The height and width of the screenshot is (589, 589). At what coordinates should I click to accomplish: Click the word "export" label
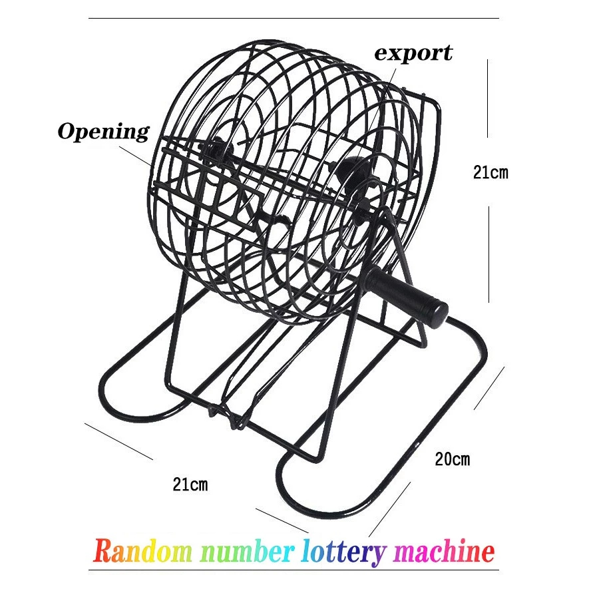413,53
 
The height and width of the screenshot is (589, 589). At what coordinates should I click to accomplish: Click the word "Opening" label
103,131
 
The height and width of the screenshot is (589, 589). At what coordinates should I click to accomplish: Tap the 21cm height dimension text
490,173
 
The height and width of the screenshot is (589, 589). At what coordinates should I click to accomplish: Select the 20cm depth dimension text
452,459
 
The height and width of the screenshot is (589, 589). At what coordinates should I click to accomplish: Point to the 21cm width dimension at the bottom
190,485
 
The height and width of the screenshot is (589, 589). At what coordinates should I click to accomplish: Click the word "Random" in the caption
142,552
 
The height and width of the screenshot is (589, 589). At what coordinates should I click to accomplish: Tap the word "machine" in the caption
444,552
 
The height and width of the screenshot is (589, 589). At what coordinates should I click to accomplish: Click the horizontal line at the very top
294,18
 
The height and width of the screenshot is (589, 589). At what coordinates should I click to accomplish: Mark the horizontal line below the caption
294,570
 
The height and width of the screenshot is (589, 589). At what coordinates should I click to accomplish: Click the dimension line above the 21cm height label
489,97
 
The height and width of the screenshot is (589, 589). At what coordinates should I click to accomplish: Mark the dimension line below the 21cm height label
489,253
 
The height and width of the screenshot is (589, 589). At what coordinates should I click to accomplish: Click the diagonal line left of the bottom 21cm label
120,441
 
